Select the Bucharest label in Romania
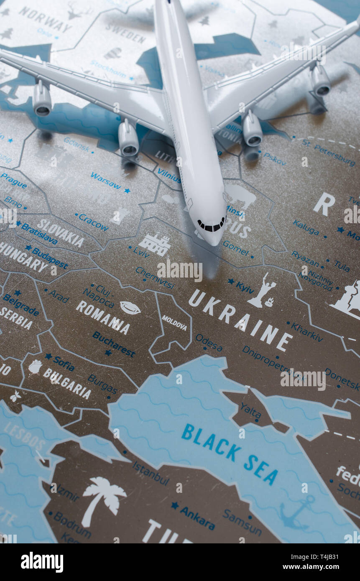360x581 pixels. point(114,344)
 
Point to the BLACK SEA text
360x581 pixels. point(230,453)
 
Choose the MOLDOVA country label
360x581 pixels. point(174,323)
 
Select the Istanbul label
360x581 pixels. point(151,473)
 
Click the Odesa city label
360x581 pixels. point(209,343)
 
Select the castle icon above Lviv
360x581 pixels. point(155,245)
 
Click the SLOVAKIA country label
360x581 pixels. point(60,233)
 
